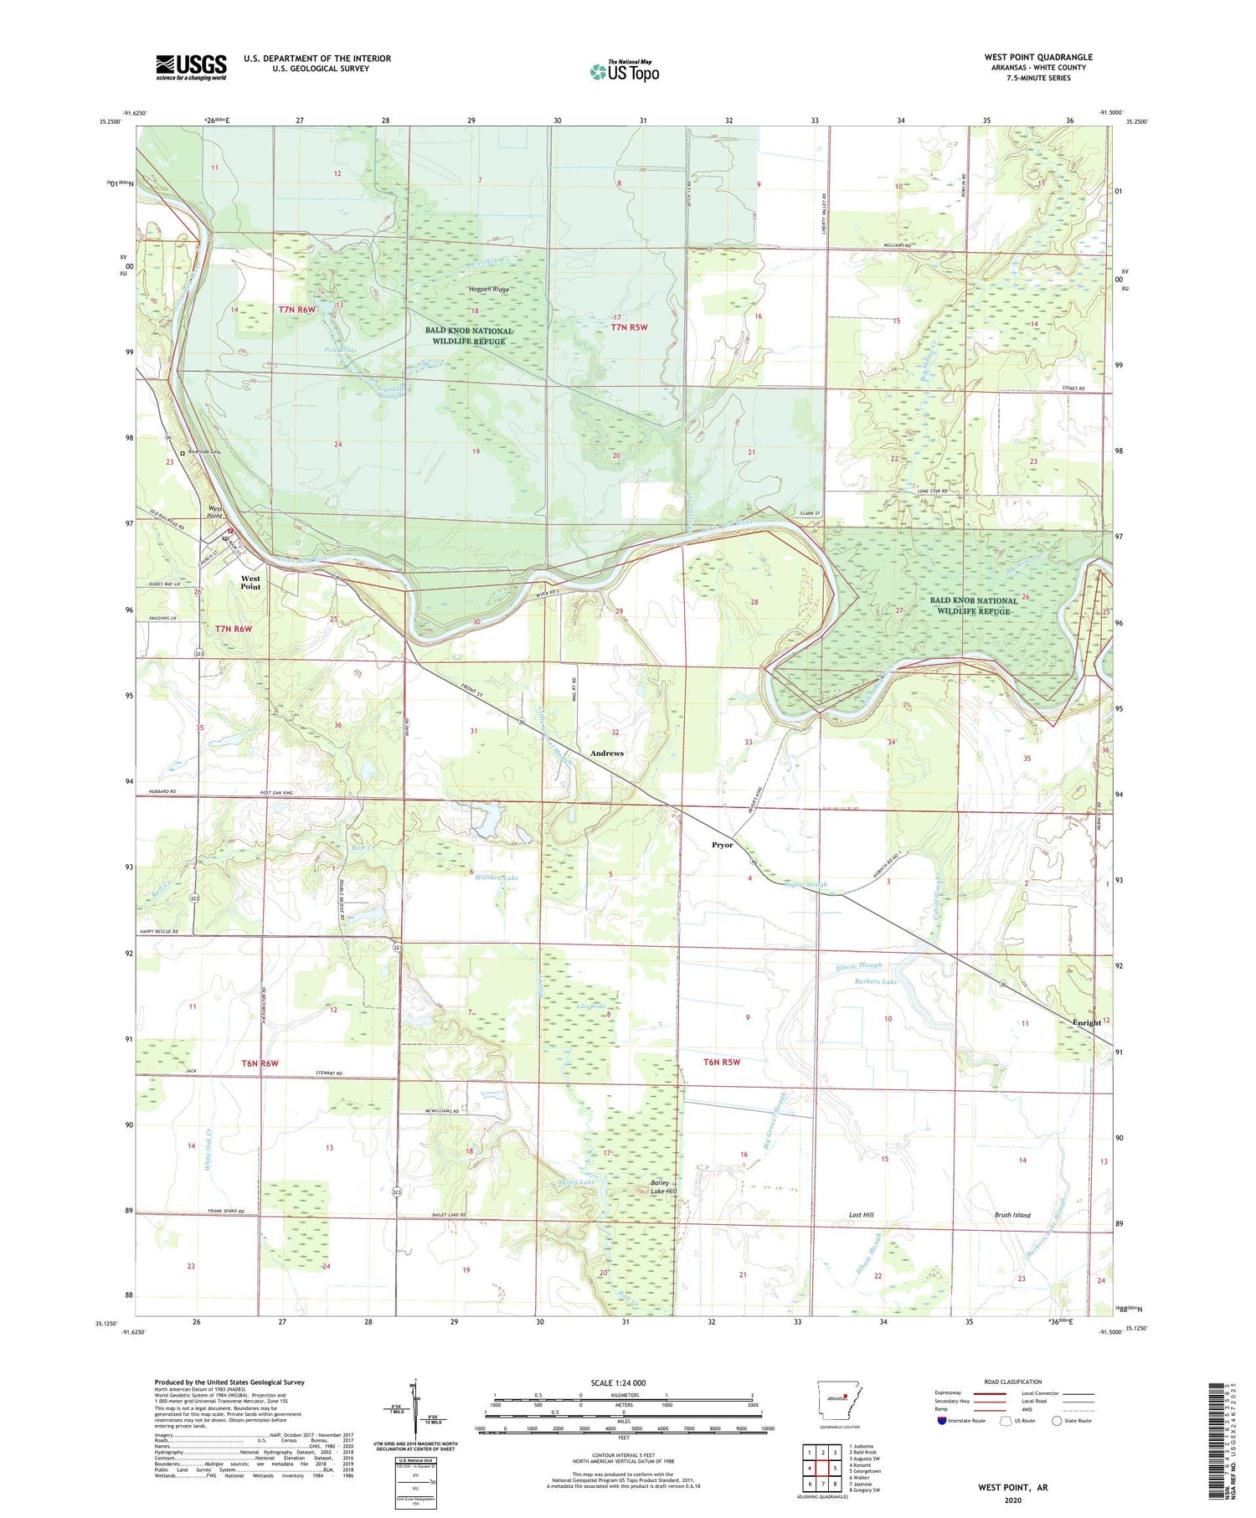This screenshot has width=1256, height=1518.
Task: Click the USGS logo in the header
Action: click(x=191, y=67)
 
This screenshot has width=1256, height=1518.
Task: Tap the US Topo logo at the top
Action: click(x=625, y=72)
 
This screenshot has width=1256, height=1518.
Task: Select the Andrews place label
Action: click(x=606, y=753)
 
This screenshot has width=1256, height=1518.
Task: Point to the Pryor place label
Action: click(x=722, y=844)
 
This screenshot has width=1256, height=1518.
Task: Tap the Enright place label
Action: click(x=1087, y=1022)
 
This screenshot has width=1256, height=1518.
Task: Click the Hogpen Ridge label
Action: click(x=488, y=290)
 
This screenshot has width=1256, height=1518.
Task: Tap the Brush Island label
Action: click(x=1011, y=1214)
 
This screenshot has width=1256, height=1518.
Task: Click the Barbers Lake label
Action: click(x=876, y=981)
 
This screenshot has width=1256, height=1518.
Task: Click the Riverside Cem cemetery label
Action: click(x=203, y=452)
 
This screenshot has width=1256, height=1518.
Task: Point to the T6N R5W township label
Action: click(x=722, y=1062)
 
